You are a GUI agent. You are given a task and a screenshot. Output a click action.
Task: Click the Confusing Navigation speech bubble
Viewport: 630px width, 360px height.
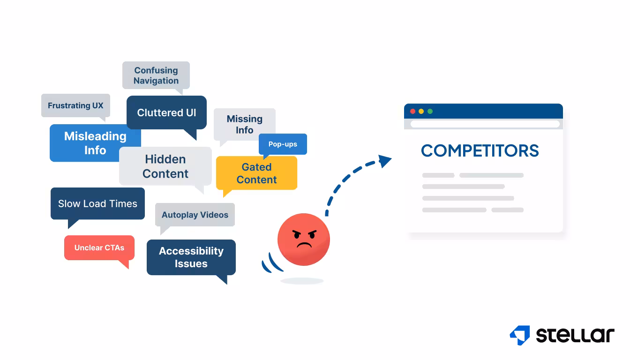[156, 75]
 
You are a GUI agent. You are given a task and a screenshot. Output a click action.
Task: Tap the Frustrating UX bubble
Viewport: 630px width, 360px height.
[75, 105]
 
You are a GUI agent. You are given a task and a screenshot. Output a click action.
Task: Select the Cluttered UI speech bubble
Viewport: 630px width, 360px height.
[166, 112]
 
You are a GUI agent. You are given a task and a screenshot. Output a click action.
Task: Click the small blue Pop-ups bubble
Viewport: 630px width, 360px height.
[283, 144]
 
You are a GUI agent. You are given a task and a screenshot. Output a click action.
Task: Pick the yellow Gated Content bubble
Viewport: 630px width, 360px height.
[256, 173]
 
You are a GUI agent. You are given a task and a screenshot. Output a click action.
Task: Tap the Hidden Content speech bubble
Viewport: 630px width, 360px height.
[165, 166]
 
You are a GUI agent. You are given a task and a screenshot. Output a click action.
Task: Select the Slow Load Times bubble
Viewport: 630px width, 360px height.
[97, 203]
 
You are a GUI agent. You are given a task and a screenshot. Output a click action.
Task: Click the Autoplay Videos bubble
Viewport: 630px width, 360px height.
[195, 215]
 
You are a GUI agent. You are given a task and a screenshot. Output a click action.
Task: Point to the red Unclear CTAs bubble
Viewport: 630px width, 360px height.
[99, 247]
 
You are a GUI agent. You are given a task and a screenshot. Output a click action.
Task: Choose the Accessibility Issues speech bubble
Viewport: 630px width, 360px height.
[191, 257]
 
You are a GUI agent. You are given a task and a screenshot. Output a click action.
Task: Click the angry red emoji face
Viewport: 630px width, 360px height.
[304, 239]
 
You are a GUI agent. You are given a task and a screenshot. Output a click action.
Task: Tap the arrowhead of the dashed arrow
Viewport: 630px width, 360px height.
[385, 161]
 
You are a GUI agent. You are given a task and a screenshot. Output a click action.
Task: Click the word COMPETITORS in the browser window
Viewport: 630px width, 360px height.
[480, 151]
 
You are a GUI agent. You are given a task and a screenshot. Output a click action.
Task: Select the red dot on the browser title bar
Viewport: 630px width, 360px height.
[413, 112]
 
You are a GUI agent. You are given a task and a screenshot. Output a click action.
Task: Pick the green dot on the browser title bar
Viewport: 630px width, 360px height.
[430, 112]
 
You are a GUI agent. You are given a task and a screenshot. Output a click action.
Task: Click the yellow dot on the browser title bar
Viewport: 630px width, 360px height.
[421, 112]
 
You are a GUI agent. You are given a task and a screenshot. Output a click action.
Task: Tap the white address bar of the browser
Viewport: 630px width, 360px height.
[485, 124]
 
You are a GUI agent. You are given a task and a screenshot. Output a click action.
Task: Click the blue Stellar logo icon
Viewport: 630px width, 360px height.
[520, 335]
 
